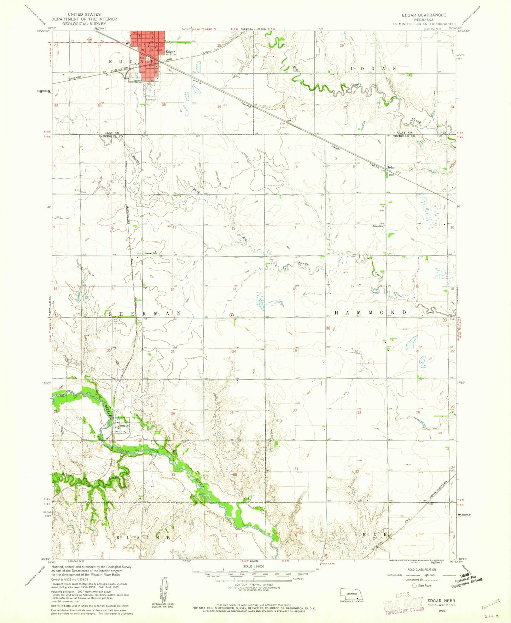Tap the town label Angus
(124, 425)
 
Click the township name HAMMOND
(371, 313)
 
